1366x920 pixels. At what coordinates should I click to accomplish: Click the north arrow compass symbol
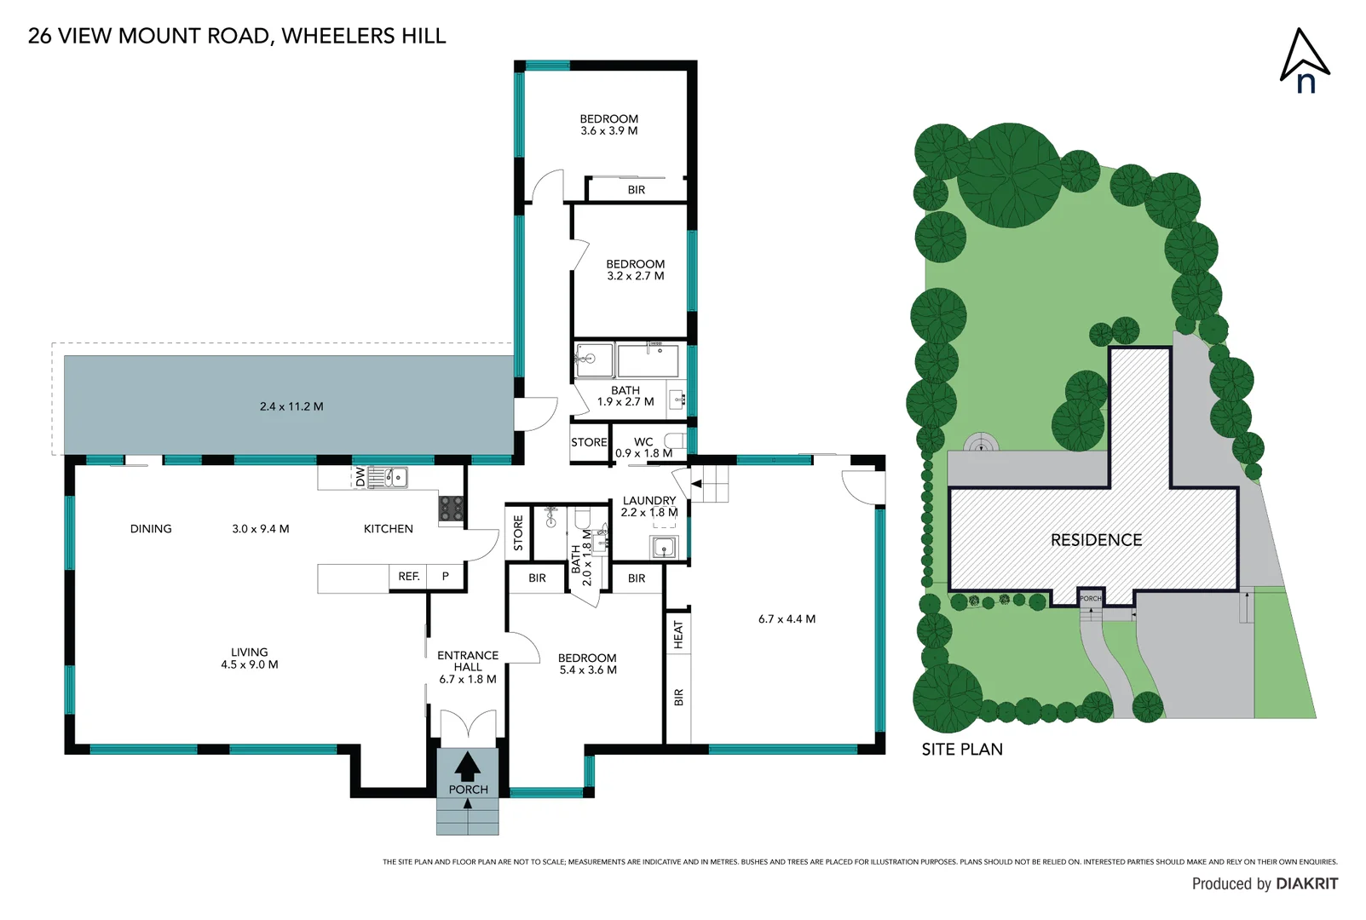click(1304, 60)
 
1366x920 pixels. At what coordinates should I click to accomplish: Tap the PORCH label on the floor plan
click(468, 790)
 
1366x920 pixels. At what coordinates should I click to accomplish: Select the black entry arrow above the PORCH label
click(467, 766)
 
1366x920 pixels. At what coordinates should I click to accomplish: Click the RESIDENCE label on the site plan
click(1096, 540)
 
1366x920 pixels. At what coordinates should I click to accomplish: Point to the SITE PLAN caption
click(962, 750)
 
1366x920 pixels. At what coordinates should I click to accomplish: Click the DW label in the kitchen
click(360, 477)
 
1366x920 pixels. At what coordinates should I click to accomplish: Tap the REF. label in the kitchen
click(409, 577)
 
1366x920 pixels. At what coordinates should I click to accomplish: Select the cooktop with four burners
click(451, 509)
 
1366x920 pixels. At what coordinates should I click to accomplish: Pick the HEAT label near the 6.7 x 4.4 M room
click(678, 635)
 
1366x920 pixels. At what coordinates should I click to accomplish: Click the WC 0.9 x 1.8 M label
click(643, 447)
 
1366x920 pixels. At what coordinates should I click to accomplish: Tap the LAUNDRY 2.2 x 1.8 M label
click(649, 506)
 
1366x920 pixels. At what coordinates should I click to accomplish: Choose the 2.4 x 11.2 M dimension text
click(291, 406)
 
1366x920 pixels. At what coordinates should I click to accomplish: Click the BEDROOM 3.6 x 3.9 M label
click(608, 124)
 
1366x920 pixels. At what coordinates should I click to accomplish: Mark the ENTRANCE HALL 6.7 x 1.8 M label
click(468, 667)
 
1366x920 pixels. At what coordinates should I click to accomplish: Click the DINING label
click(151, 529)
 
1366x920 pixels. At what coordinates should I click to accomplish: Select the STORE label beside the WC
click(589, 442)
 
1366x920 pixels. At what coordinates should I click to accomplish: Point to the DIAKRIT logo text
click(1307, 883)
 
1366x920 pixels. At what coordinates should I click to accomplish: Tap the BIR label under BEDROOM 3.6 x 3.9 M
click(637, 190)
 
